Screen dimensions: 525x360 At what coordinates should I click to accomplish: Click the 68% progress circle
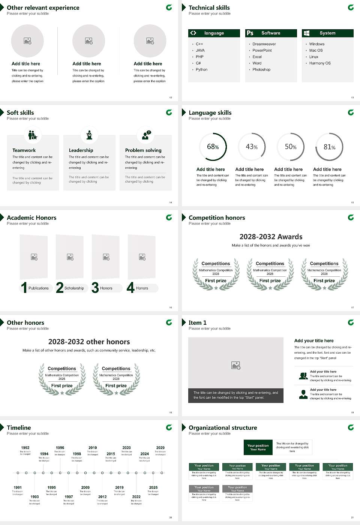pos(213,147)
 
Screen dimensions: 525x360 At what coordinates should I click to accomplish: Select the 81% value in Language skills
pos(329,147)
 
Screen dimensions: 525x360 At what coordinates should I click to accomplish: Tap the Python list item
pos(201,69)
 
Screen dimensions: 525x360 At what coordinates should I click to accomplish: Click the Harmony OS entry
pos(320,63)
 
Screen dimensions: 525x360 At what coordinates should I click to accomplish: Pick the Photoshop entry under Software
pos(261,69)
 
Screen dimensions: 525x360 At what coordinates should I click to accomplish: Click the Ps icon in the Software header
pos(250,33)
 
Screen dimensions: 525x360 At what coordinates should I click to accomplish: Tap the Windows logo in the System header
pos(306,33)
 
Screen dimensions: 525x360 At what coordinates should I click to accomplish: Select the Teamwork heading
pos(24,150)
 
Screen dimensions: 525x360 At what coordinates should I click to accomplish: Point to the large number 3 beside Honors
pos(95,288)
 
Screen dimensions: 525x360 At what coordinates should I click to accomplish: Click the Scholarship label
pos(74,288)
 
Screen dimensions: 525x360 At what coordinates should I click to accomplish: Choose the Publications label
pos(39,288)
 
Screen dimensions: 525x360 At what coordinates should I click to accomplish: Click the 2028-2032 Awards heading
pos(271,237)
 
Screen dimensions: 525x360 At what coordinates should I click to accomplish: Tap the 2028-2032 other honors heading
pos(89,342)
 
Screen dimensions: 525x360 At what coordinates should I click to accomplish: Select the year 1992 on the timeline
pos(25,447)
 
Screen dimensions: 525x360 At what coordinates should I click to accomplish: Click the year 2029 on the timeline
pos(160,447)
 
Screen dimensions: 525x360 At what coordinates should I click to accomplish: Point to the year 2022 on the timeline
pos(136,496)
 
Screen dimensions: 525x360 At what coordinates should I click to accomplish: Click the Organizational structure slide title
pos(223,427)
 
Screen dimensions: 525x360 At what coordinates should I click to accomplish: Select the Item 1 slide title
pos(197,322)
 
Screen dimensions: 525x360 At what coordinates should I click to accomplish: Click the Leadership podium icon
pos(89,135)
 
